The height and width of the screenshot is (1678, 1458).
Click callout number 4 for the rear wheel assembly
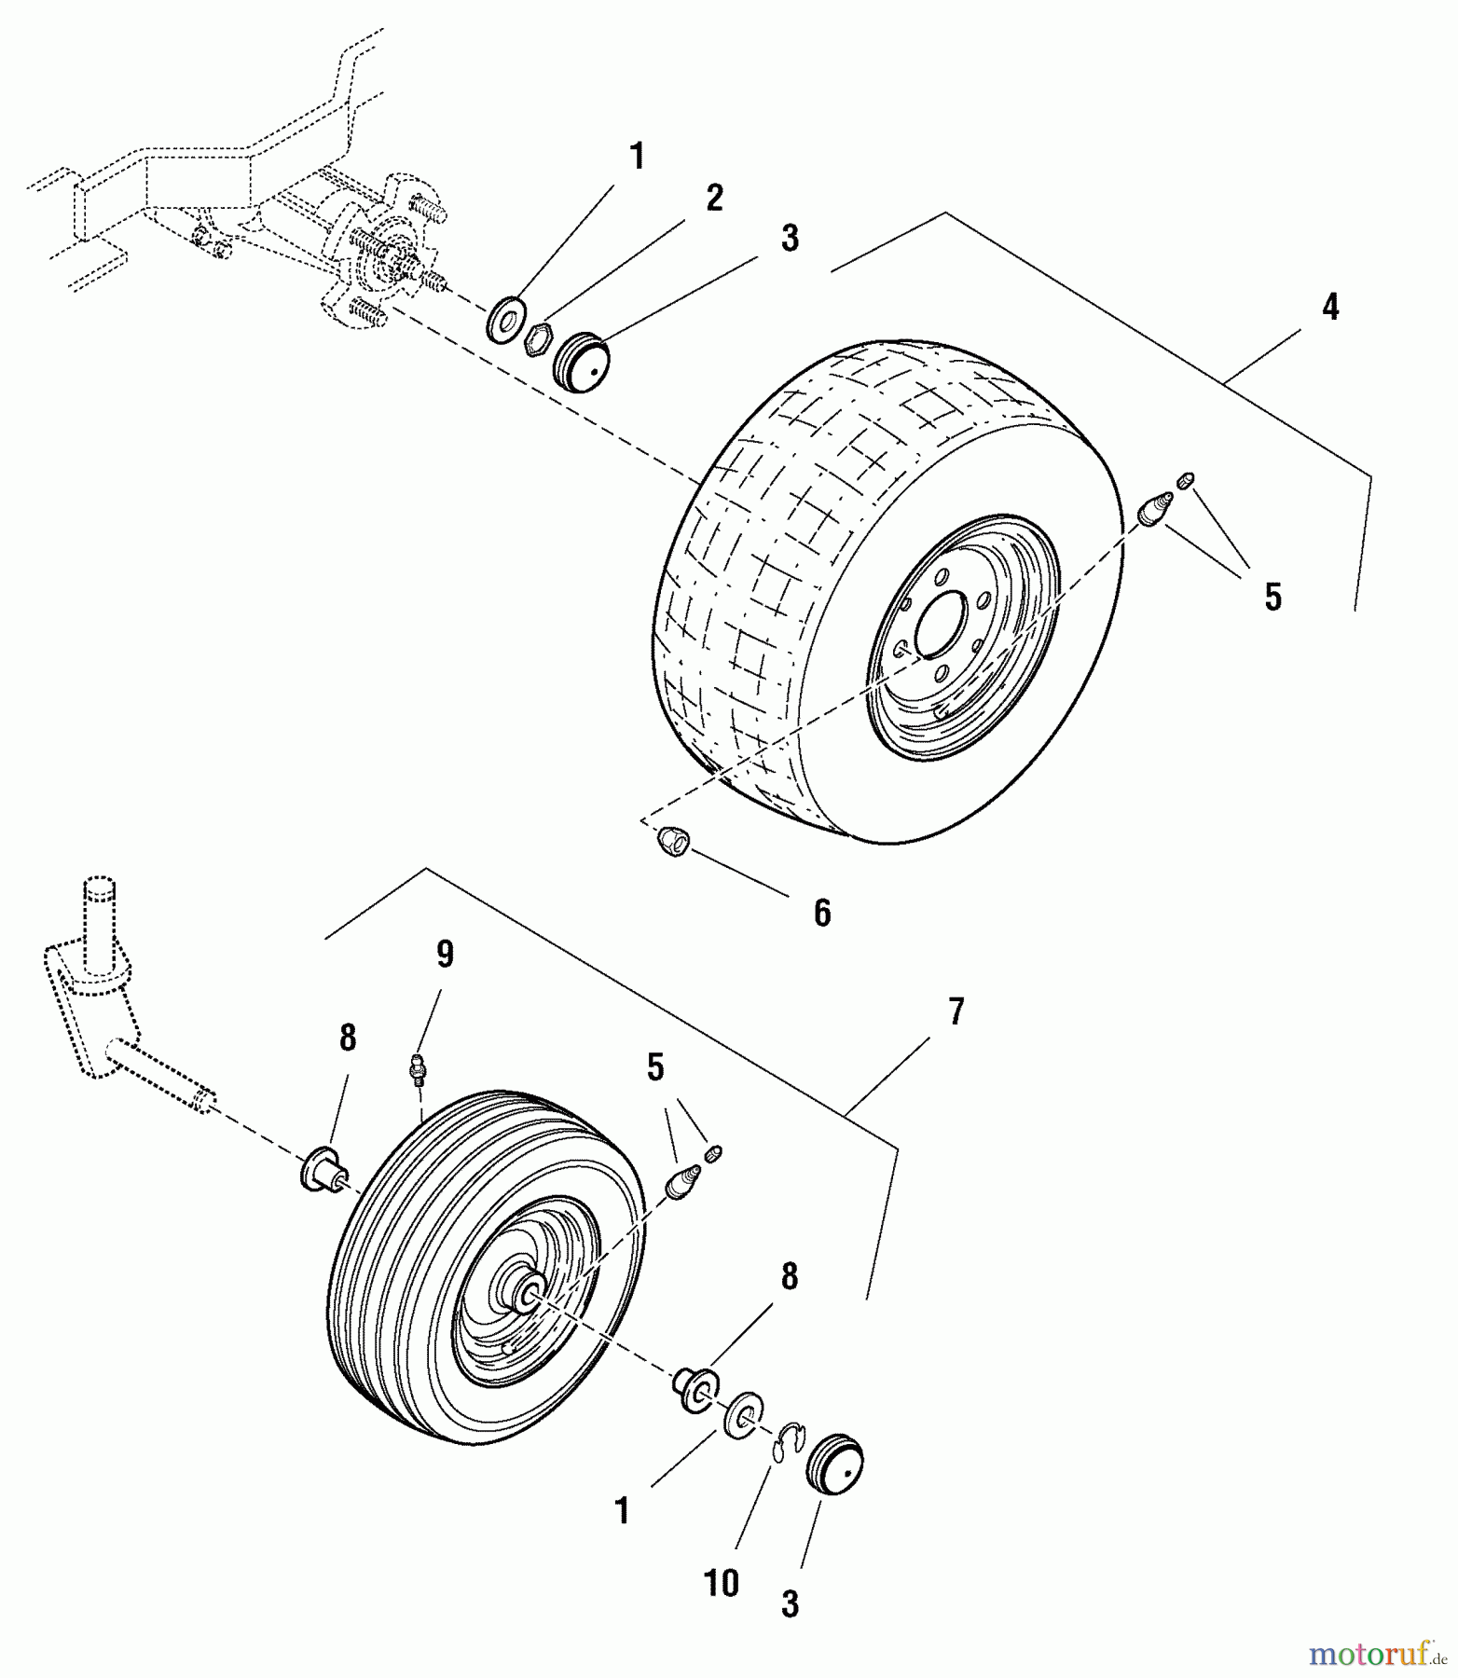1330,306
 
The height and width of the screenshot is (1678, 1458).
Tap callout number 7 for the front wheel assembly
956,1011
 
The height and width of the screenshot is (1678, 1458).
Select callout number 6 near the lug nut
821,914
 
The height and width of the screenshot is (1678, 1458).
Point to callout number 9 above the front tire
445,955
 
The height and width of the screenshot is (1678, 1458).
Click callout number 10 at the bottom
722,1582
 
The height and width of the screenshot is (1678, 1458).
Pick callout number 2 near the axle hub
714,198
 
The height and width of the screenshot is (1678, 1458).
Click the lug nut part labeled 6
673,842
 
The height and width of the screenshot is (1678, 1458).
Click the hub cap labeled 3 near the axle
581,362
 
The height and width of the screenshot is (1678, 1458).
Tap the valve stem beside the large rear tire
1156,510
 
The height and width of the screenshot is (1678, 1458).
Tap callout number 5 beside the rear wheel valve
1272,597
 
